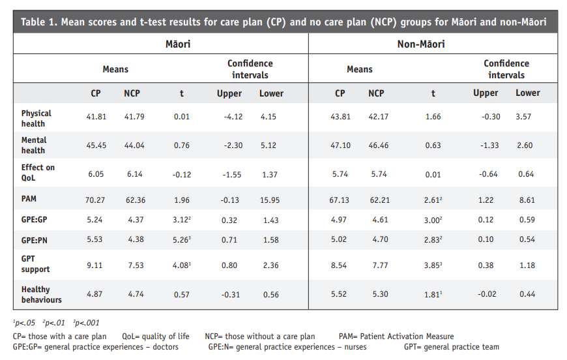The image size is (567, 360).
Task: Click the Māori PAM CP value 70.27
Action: click(x=95, y=200)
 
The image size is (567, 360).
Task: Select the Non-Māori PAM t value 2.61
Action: click(x=433, y=200)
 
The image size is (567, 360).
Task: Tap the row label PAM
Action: click(x=29, y=199)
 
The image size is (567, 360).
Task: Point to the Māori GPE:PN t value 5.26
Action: click(x=182, y=239)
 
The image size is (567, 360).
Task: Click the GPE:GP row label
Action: click(x=35, y=220)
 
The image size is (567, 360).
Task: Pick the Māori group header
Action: click(x=178, y=44)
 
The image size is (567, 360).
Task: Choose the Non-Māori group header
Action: click(x=421, y=44)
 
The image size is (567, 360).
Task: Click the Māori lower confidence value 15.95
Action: click(x=270, y=200)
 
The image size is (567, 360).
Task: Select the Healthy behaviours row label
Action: click(x=42, y=295)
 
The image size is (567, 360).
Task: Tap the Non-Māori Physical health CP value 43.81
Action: click(x=340, y=117)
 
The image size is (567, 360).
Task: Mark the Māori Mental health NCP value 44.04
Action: click(x=134, y=145)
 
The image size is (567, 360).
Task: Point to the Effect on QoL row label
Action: click(x=38, y=173)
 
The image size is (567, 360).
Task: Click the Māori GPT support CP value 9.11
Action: click(x=94, y=265)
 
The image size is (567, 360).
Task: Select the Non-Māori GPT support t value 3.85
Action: click(x=433, y=265)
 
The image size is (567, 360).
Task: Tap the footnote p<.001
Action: click(x=86, y=323)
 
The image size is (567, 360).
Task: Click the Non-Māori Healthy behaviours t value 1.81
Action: click(x=433, y=295)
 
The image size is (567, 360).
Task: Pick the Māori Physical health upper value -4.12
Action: click(x=233, y=117)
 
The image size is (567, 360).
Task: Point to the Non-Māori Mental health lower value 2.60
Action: click(x=525, y=145)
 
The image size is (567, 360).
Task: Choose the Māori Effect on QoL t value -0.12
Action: click(x=182, y=175)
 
